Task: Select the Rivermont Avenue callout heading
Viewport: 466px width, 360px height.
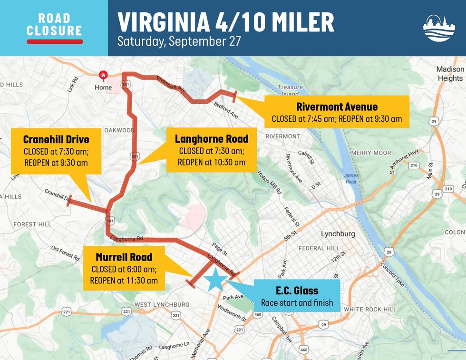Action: click(337, 107)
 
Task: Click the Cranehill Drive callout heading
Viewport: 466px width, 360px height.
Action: click(56, 140)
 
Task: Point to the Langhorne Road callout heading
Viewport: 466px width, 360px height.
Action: click(212, 139)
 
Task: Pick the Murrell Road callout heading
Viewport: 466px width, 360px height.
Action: click(124, 257)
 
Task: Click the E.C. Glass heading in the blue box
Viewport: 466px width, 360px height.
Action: click(297, 291)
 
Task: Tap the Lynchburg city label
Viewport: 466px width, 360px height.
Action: click(338, 234)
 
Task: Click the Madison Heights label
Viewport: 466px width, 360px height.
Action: click(449, 74)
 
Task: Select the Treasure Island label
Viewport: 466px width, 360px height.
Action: click(290, 90)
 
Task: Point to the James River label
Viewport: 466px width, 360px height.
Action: click(351, 178)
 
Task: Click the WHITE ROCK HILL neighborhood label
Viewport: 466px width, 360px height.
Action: click(370, 309)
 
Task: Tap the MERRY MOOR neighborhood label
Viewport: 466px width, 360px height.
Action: click(371, 153)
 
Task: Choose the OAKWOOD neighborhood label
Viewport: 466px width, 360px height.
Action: click(119, 130)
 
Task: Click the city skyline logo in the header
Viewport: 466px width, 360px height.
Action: click(439, 28)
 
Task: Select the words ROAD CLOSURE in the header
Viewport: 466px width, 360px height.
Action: click(54, 25)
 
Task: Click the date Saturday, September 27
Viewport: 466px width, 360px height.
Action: click(179, 41)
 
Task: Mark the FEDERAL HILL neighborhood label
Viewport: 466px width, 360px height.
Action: click(319, 248)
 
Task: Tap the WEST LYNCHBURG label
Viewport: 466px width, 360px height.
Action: click(162, 304)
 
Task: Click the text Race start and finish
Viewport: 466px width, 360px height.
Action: click(297, 303)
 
